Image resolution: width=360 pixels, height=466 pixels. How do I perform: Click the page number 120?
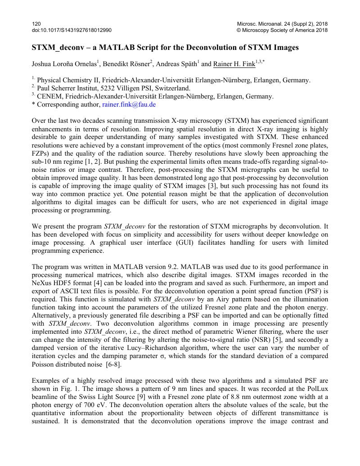tap(36, 23)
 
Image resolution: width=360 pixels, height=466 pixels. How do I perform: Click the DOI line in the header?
tap(72, 30)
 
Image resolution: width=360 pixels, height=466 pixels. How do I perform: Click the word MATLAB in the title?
tap(112, 47)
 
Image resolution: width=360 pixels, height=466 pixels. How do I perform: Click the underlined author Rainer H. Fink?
tap(234, 64)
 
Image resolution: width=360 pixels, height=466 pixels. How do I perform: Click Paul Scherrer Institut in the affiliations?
tap(67, 88)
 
